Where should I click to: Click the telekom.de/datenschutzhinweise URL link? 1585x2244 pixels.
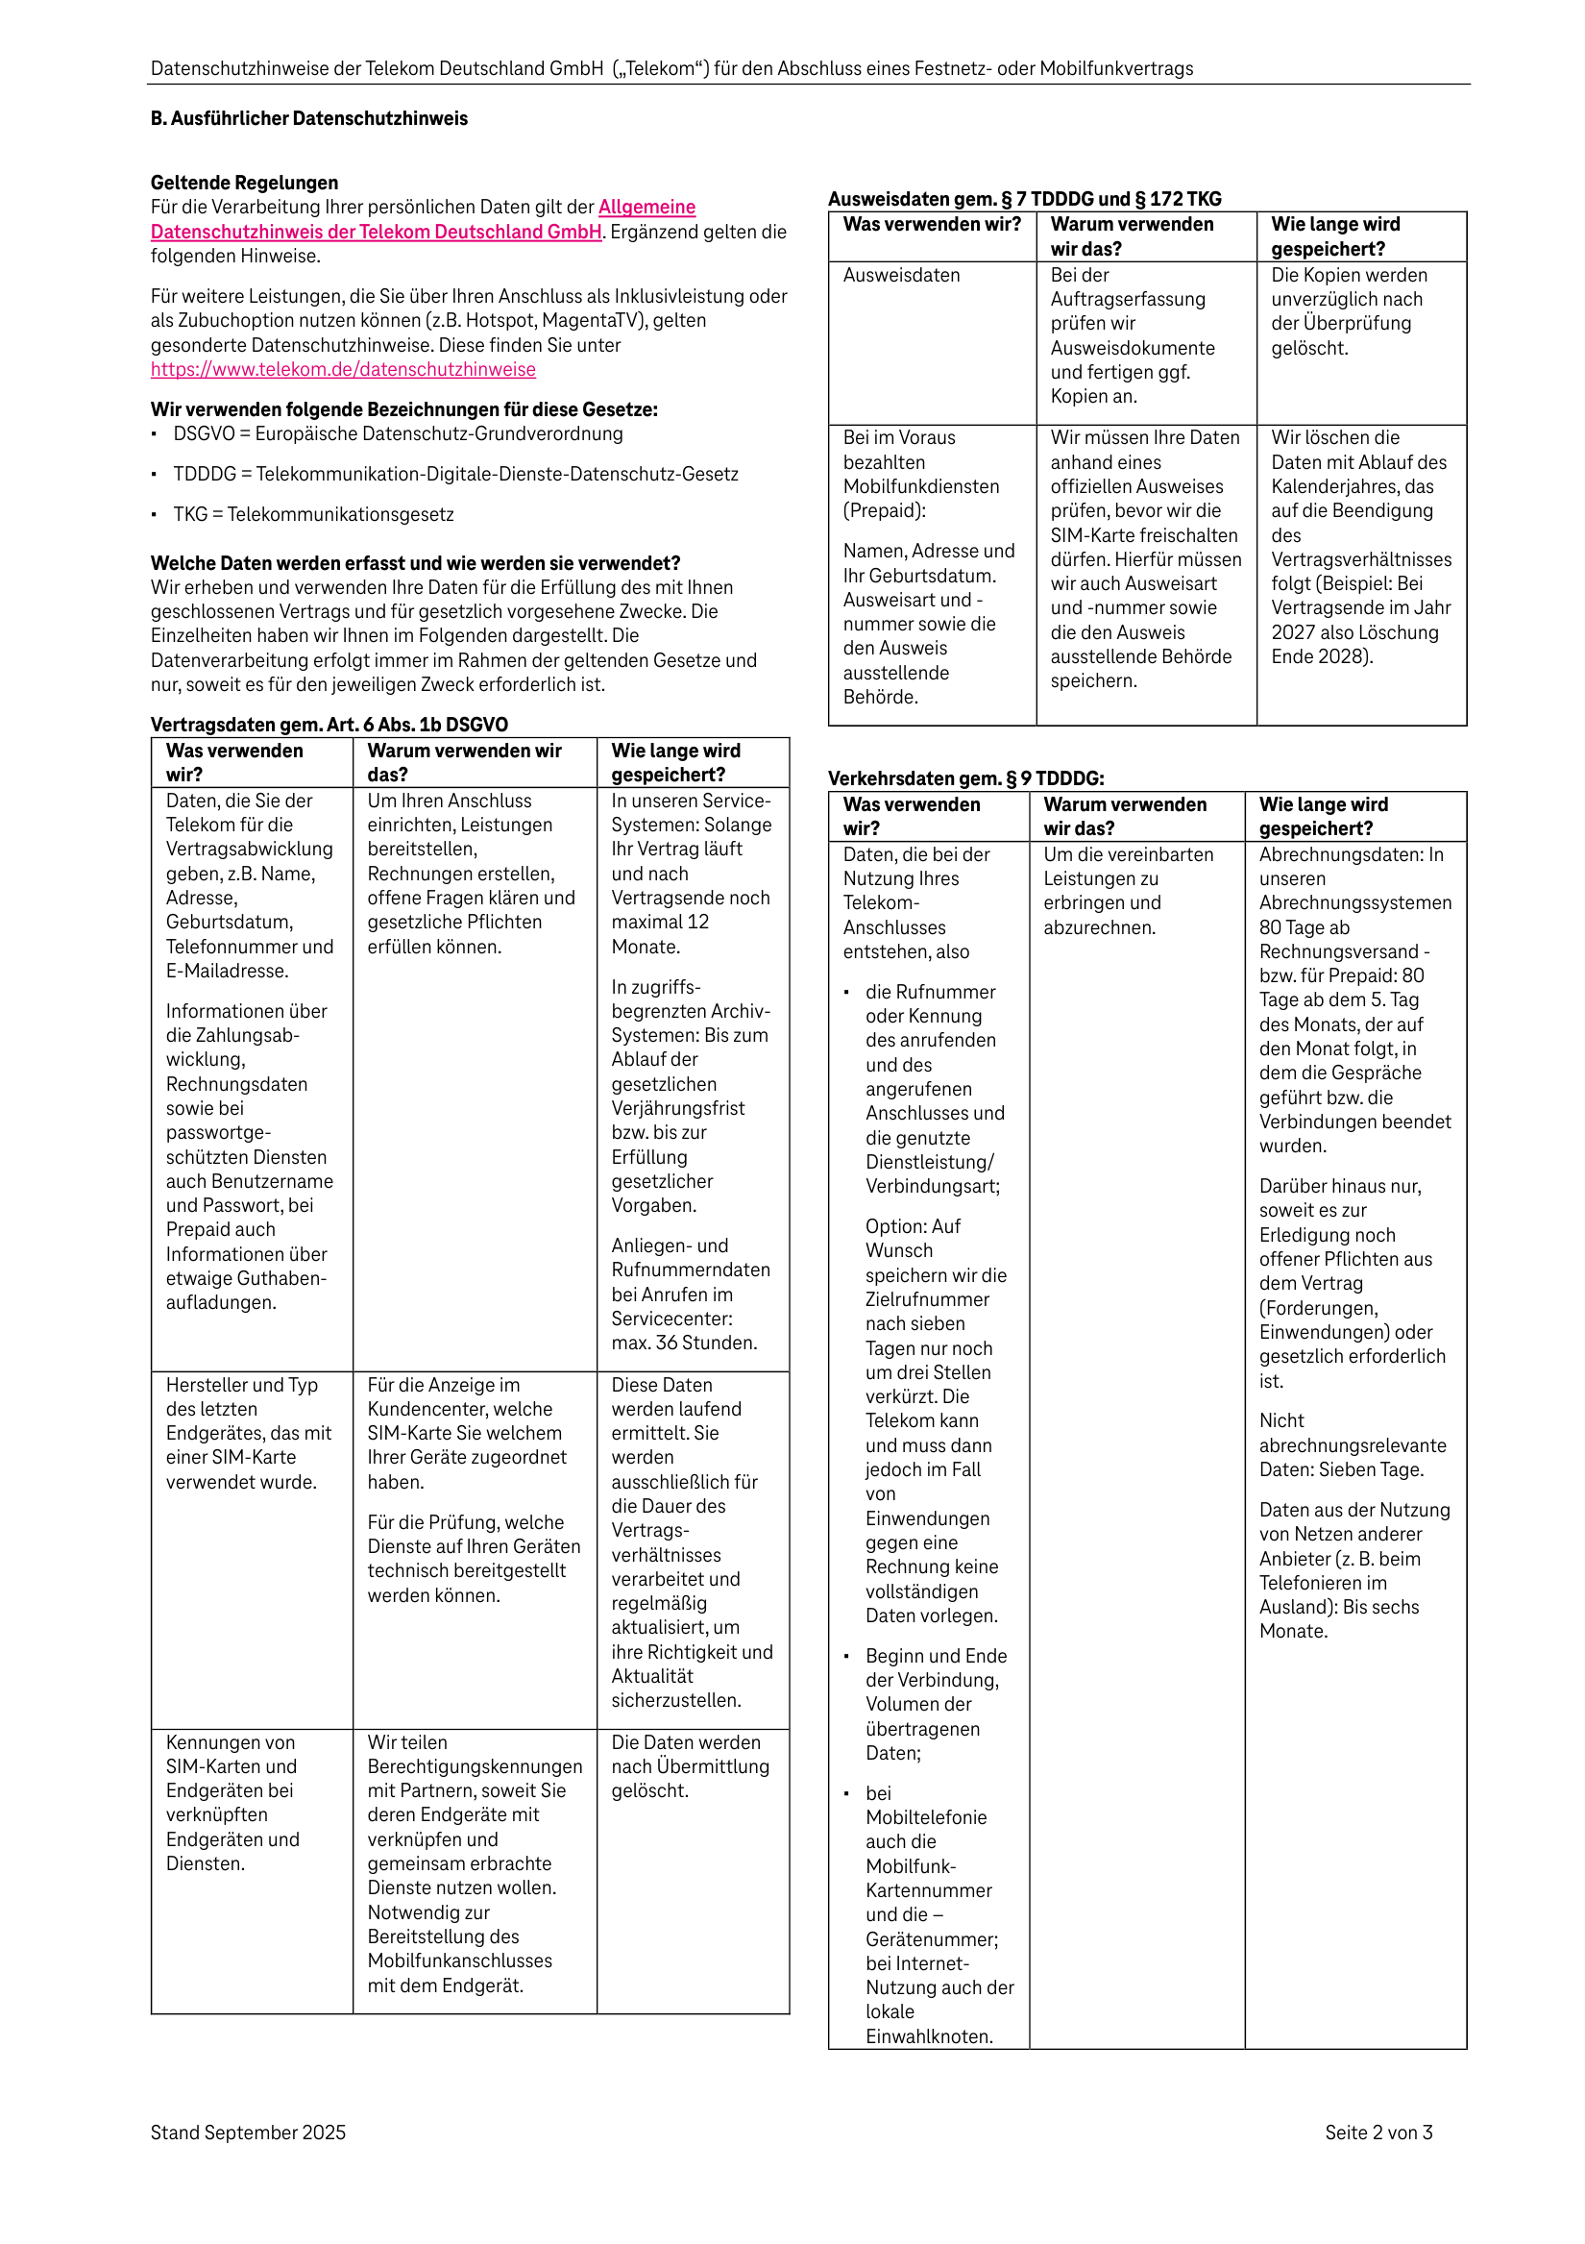(x=343, y=369)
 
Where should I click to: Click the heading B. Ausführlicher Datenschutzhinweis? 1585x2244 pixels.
(x=308, y=118)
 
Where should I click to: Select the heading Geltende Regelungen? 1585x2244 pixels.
(x=244, y=183)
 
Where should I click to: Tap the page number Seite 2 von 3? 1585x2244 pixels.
(x=1378, y=2133)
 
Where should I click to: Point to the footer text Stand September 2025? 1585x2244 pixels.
(x=248, y=2133)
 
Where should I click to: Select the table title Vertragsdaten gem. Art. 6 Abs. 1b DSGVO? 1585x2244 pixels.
(x=329, y=725)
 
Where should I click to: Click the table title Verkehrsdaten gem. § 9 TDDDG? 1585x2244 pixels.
(x=965, y=778)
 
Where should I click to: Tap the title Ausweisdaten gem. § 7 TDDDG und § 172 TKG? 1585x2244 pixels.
(x=1024, y=198)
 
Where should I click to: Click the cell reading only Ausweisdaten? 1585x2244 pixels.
(x=901, y=276)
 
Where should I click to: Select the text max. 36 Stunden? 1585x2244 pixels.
(x=684, y=1343)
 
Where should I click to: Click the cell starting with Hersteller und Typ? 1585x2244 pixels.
(x=248, y=1433)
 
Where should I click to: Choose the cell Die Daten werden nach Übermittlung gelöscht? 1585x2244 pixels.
(x=690, y=1766)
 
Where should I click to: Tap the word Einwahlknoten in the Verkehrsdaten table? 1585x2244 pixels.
(x=928, y=2036)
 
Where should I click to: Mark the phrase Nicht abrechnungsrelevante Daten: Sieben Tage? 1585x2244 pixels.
(x=1353, y=1444)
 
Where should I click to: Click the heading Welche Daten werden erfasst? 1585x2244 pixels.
(x=415, y=563)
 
